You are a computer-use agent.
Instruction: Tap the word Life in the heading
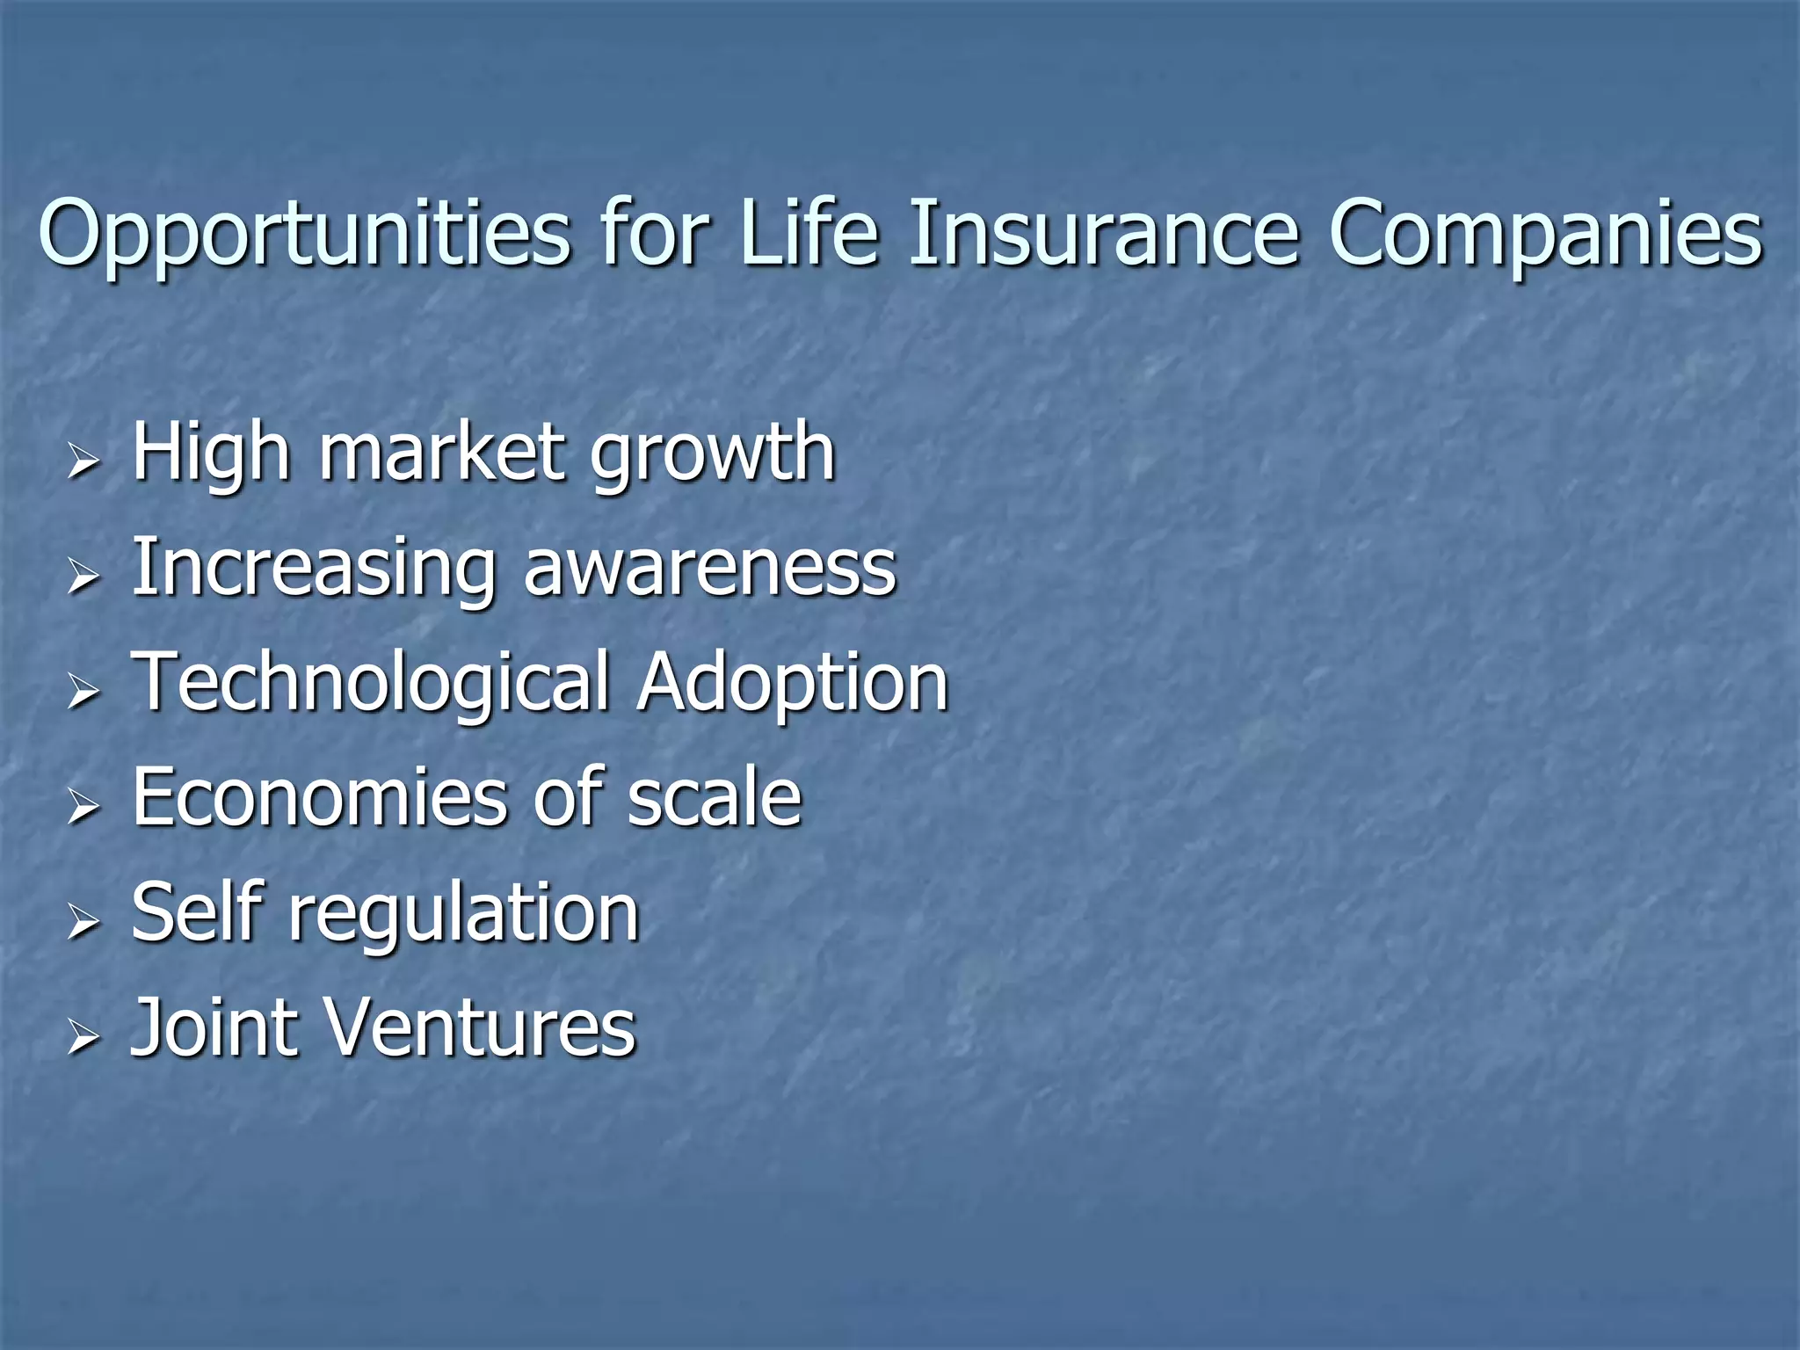tap(809, 233)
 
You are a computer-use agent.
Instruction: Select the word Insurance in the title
tap(1102, 233)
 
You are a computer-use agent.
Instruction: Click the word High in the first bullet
tap(210, 455)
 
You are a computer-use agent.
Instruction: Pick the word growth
tap(712, 455)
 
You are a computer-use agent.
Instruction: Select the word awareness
tap(709, 569)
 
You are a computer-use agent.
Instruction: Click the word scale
tap(714, 797)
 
